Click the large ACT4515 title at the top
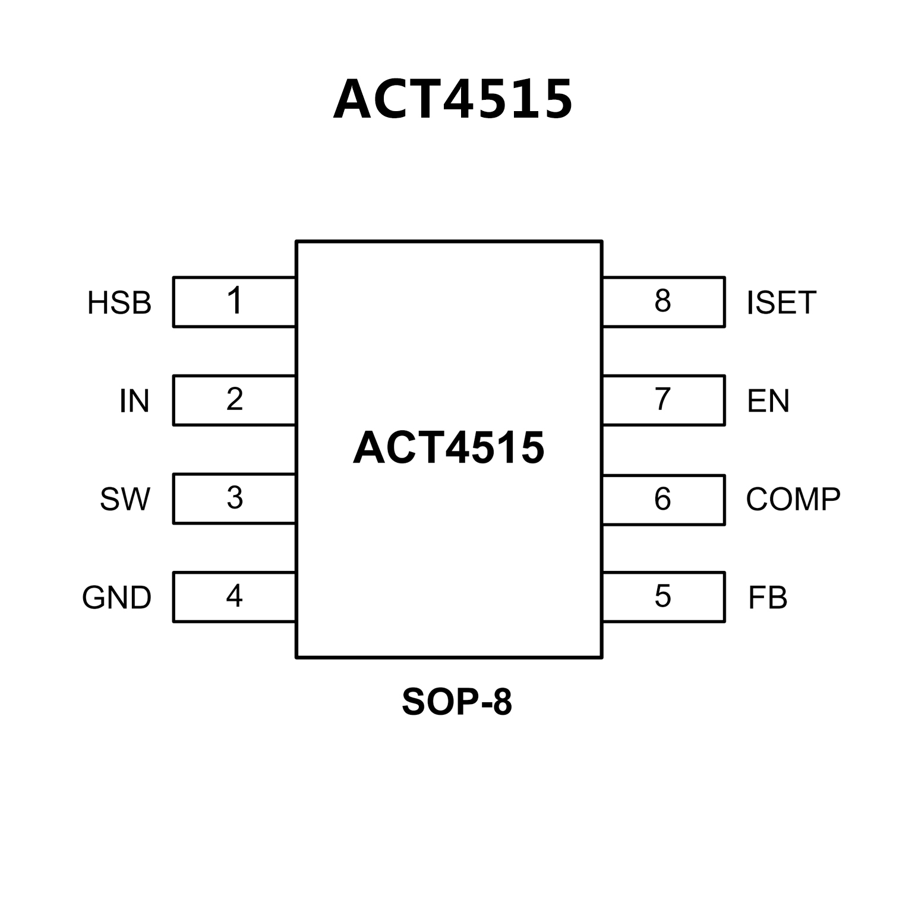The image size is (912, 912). (453, 99)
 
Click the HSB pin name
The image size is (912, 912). (119, 302)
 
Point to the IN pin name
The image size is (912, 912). (134, 401)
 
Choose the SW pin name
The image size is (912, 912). (125, 499)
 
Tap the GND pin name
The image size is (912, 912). (117, 598)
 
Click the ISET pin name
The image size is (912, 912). (781, 302)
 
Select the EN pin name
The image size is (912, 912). (768, 401)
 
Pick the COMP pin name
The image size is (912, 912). (793, 499)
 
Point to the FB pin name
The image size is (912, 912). (768, 598)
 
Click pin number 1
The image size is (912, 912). (235, 301)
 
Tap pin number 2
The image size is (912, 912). (235, 399)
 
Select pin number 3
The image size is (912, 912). (235, 498)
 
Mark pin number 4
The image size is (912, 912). (235, 595)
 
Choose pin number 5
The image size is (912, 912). (662, 596)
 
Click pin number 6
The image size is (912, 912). (662, 499)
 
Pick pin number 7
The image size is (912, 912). (662, 399)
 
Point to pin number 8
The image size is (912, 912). (662, 301)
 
